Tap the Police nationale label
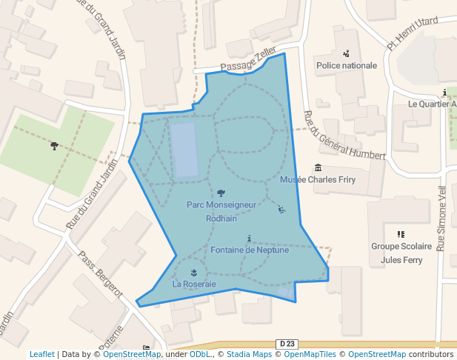point(346,65)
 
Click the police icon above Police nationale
point(346,53)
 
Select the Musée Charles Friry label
point(318,179)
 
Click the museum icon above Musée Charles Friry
point(318,167)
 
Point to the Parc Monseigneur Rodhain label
point(221,211)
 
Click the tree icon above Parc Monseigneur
point(221,193)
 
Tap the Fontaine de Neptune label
point(250,250)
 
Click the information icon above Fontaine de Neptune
point(250,238)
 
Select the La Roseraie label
point(194,284)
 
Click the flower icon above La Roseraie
point(194,272)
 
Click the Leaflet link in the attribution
point(41,354)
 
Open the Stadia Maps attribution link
point(249,354)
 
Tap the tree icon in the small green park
point(54,146)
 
